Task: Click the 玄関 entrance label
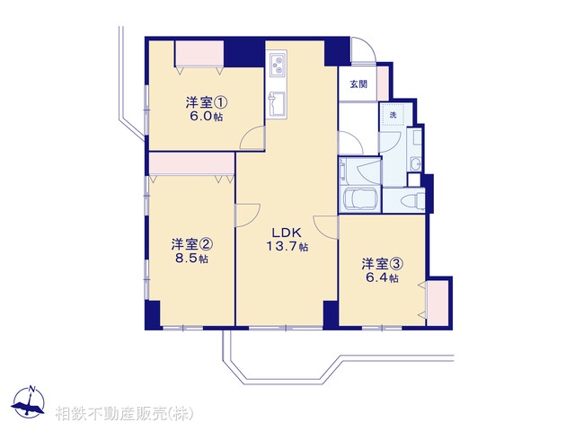coord(358,84)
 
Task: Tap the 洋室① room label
coord(207,102)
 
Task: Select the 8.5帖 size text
coord(191,259)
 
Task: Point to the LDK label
coord(287,233)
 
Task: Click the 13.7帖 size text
coord(287,247)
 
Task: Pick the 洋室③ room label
coord(383,264)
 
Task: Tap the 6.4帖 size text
coord(382,278)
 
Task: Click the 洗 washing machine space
coord(393,115)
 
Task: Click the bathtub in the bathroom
coord(359,199)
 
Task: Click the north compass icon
coord(29,402)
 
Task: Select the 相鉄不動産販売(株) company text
coord(124,414)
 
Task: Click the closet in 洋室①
coord(199,54)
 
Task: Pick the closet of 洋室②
coord(191,163)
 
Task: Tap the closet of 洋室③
coord(438,303)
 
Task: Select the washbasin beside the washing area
coord(416,164)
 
